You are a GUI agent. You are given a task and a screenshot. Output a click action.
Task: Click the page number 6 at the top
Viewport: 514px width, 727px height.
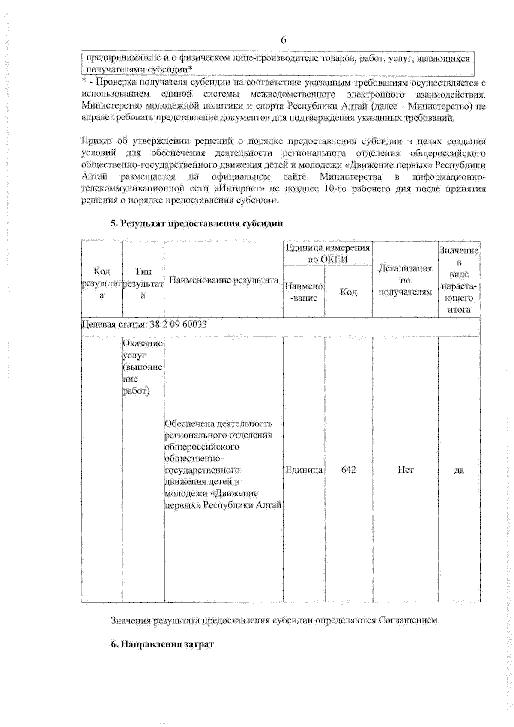tap(283, 40)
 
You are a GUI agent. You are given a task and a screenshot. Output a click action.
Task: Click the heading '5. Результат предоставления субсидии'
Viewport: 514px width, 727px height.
tap(197, 223)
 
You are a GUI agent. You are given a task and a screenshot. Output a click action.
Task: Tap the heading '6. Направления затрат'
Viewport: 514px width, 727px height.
tap(162, 644)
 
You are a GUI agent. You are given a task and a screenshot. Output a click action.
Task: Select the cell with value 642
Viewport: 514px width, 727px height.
tap(348, 470)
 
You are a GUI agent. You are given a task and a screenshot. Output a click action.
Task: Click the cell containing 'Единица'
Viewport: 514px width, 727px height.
tap(304, 470)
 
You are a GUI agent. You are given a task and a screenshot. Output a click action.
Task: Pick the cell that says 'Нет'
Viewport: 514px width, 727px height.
tap(405, 470)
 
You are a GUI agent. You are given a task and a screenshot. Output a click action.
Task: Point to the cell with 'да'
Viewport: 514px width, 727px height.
tap(458, 470)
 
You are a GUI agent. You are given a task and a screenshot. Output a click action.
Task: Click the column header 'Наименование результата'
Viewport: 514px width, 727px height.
tap(224, 280)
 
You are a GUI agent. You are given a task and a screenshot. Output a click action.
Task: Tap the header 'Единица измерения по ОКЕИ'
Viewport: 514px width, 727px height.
tap(328, 253)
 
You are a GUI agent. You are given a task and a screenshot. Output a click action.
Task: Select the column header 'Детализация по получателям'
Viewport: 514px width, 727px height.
tap(405, 280)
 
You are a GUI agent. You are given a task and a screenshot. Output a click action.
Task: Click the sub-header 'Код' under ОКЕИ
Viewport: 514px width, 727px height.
tap(348, 292)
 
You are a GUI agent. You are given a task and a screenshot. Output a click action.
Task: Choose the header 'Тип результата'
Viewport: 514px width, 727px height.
tap(143, 283)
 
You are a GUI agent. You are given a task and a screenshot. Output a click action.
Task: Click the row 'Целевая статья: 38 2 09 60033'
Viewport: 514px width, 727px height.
tap(144, 324)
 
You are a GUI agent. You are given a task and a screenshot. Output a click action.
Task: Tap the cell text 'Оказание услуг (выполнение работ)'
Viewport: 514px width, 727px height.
tap(143, 367)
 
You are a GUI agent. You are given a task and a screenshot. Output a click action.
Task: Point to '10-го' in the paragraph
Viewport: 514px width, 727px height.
tap(335, 189)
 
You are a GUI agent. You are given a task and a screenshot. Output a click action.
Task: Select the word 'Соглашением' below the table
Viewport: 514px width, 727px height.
tap(408, 620)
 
